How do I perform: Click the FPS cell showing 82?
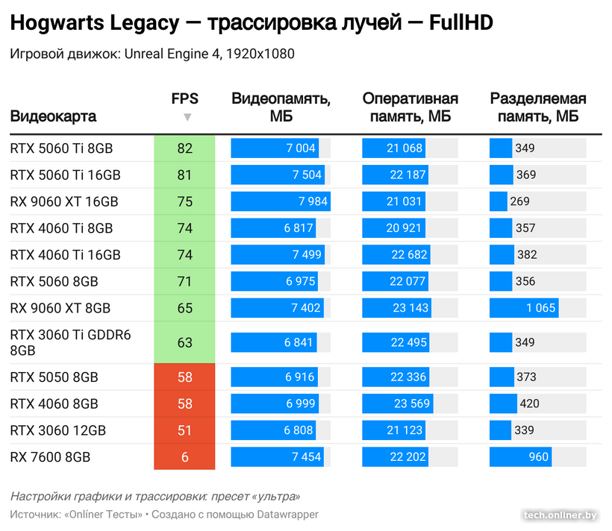184,148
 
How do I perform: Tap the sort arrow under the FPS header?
187,117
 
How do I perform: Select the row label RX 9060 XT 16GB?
64,202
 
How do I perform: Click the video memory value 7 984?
313,202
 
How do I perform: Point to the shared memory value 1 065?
537,309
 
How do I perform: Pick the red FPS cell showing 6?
184,457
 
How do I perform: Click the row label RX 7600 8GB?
50,457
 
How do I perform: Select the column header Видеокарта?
53,116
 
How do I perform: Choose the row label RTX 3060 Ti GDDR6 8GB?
70,342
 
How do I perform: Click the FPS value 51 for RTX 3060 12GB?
184,430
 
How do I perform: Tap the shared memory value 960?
538,457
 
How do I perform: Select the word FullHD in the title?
461,24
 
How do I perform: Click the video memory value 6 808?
299,430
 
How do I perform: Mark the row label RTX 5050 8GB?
54,377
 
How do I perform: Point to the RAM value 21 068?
405,148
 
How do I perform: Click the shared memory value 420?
528,404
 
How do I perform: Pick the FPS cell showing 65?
184,309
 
